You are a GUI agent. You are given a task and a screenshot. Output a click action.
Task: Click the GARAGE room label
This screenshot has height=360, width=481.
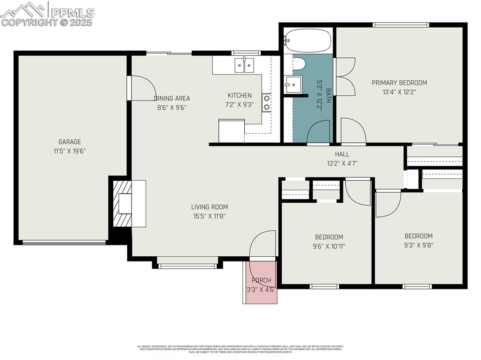click(x=70, y=142)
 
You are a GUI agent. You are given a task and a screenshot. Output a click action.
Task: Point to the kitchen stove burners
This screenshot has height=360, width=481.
click(x=266, y=103)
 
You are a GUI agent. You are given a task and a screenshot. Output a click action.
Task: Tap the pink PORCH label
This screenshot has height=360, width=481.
click(x=261, y=281)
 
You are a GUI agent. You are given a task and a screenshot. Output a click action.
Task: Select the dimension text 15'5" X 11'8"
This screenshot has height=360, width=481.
click(x=209, y=216)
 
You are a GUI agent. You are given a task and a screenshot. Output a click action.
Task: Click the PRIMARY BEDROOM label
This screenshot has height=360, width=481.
click(x=399, y=83)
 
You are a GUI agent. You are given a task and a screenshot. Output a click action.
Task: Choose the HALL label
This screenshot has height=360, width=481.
click(x=342, y=154)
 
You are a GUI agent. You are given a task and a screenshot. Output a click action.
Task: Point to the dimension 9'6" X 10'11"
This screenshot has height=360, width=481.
click(x=329, y=246)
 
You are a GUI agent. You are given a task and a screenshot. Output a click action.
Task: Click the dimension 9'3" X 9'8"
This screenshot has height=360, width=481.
click(x=419, y=245)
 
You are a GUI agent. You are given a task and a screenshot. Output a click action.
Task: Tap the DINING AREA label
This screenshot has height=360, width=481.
click(x=172, y=99)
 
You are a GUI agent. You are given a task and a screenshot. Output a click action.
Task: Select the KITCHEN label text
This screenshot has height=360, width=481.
click(x=240, y=95)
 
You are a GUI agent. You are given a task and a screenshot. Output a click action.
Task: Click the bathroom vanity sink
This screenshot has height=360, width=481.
click(x=293, y=85)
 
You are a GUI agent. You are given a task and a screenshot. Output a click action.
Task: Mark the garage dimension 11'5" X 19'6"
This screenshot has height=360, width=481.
click(x=70, y=151)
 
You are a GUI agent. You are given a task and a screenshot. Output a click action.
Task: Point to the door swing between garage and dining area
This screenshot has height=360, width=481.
click(x=143, y=88)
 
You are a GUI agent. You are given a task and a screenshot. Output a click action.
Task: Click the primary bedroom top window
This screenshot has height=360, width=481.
click(x=401, y=24)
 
